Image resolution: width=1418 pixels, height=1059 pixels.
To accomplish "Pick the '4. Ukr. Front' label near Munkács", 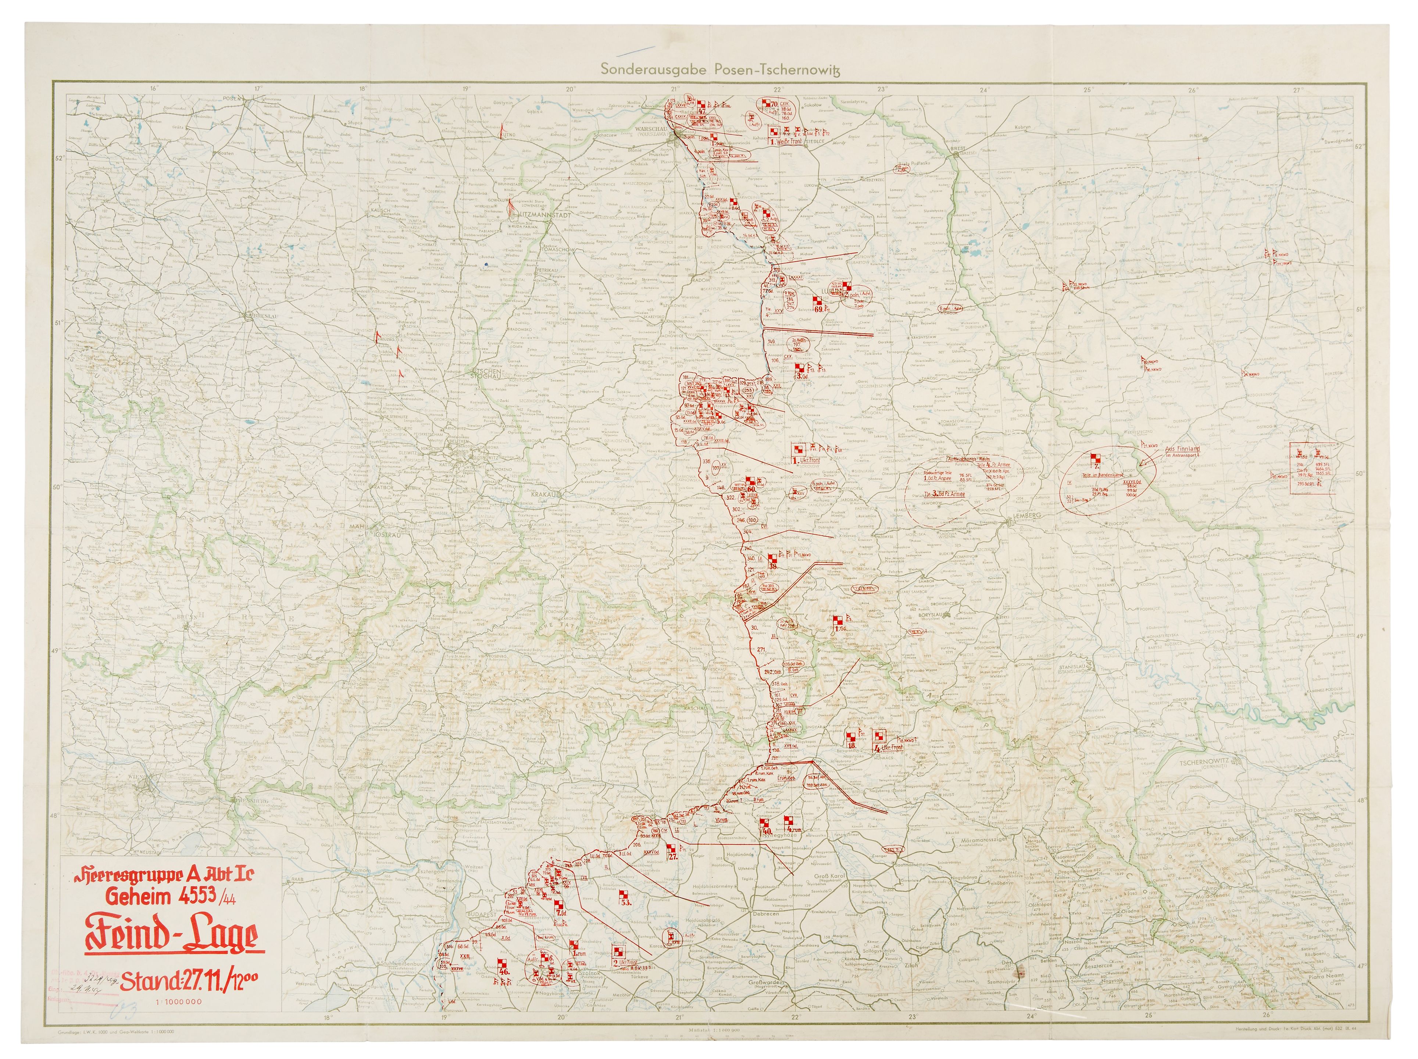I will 888,747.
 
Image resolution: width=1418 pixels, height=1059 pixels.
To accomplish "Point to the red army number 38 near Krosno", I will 774,566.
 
